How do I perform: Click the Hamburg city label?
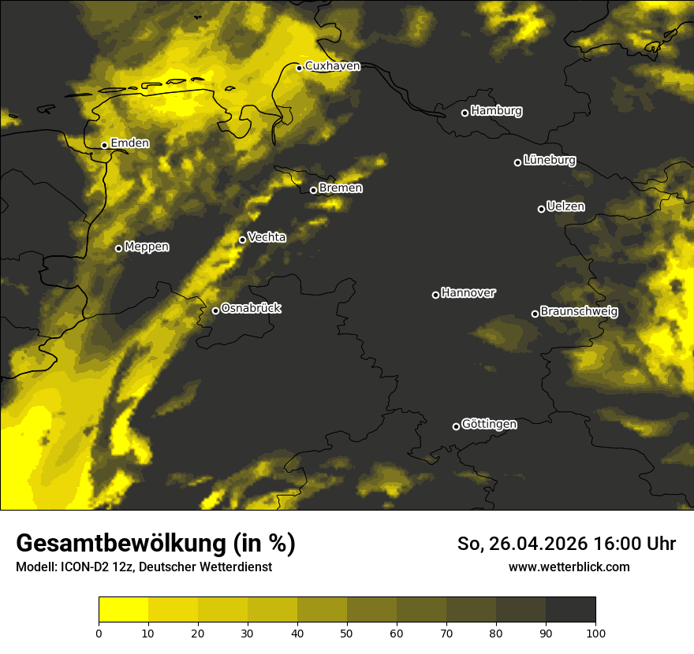[x=496, y=111]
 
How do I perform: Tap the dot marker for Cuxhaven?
[x=300, y=68]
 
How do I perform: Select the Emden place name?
[x=129, y=143]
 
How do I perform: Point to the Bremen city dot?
[x=313, y=190]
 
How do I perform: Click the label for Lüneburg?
[x=550, y=161]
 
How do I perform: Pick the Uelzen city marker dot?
[x=542, y=209]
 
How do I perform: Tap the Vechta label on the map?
[x=267, y=237]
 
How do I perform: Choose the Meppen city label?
[x=147, y=247]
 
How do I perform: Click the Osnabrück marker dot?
[x=215, y=310]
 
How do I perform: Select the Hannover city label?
[x=468, y=293]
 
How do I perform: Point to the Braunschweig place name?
[x=579, y=312]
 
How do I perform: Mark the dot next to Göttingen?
[x=456, y=426]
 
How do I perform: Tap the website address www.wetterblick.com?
[x=569, y=567]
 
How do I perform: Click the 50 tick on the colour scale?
[x=347, y=633]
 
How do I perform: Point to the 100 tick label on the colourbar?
[x=595, y=633]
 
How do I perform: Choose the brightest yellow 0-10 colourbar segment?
[x=124, y=610]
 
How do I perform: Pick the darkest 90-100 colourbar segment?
[x=570, y=610]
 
